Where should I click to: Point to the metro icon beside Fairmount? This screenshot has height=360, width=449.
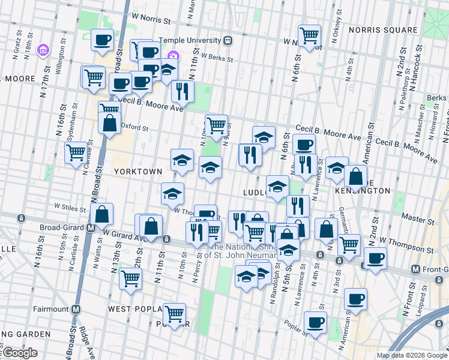(x=76, y=310)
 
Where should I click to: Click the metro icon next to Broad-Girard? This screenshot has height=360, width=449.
(x=91, y=228)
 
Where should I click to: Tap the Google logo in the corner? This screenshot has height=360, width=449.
(x=19, y=353)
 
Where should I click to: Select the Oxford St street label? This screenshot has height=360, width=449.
(x=134, y=127)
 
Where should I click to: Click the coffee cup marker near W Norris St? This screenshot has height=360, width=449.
(x=103, y=40)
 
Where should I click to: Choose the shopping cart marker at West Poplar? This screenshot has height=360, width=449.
(x=174, y=314)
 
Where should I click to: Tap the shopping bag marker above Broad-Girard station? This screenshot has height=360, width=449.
(x=102, y=214)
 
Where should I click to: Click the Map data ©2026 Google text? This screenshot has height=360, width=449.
(x=411, y=355)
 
